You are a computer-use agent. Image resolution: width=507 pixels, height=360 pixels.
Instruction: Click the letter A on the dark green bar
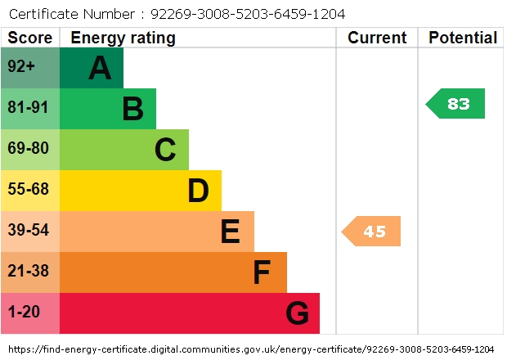pos(100,68)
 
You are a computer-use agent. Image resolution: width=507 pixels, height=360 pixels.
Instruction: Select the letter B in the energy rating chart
pos(132,109)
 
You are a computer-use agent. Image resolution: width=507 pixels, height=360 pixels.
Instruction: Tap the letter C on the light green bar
pos(165,150)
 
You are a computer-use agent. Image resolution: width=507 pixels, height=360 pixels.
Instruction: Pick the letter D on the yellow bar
pos(198,191)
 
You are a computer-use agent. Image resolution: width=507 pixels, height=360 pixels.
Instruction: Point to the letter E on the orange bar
pos(230,232)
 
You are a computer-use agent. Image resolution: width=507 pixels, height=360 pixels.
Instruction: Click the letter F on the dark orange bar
pos(262,272)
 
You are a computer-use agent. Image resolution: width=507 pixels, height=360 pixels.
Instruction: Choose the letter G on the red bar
pos(297,313)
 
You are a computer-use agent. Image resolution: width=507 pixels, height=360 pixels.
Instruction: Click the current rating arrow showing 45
pos(372,232)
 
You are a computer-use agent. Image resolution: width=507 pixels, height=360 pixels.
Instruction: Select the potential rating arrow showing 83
pos(456,104)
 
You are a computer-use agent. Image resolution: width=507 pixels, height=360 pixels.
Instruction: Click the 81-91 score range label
pos(29,109)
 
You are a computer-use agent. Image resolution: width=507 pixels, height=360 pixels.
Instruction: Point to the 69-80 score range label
pos(29,150)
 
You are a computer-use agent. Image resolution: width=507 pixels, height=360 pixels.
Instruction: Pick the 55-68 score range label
pos(29,191)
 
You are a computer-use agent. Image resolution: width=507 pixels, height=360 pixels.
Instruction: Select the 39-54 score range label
pos(29,232)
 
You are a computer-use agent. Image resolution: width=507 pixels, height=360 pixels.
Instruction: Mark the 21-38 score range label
pos(29,272)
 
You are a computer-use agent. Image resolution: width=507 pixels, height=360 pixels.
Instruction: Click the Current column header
pos(377,38)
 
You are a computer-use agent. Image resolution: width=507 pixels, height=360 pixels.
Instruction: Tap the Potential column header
pos(463,38)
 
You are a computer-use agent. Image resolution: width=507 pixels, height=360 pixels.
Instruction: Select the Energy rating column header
pos(123,38)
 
